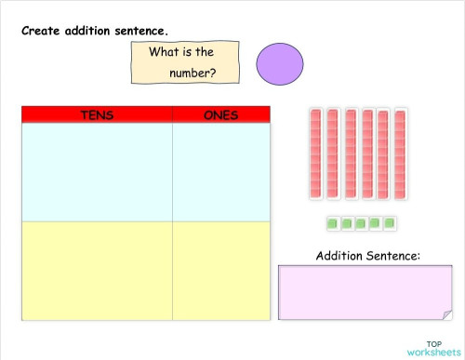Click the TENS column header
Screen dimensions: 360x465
pos(97,114)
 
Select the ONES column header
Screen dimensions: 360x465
pos(220,114)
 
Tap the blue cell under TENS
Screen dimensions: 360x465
pos(97,172)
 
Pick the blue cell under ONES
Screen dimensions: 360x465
pos(220,172)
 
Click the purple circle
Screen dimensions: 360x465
pos(279,63)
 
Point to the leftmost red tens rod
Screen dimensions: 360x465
pos(315,153)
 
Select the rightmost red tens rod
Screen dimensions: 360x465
pos(400,153)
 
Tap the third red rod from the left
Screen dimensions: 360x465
pos(350,153)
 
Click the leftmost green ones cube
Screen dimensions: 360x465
pos(332,223)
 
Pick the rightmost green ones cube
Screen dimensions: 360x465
pos(392,223)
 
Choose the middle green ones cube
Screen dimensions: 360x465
pos(362,223)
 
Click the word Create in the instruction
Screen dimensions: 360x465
pos(44,30)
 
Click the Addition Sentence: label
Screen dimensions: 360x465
pos(368,255)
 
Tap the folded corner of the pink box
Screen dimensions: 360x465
pos(446,314)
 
